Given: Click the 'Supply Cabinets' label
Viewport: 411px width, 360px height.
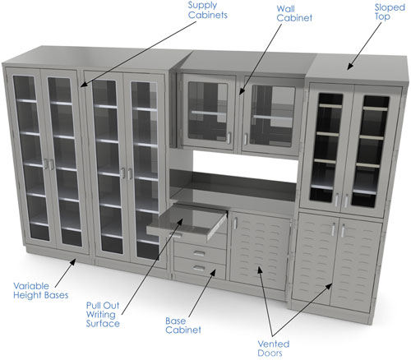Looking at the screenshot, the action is point(208,10).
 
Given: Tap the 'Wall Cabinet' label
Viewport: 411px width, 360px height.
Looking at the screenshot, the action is point(294,13).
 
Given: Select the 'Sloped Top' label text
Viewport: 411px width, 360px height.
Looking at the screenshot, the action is point(390,12).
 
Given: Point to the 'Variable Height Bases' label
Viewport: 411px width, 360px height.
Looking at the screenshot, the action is point(41,290).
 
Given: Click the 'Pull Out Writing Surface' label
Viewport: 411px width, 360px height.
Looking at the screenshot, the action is point(103,314).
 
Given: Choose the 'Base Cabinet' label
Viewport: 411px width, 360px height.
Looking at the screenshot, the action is point(183,325).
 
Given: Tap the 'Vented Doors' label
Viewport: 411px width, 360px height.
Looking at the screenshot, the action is point(274,348).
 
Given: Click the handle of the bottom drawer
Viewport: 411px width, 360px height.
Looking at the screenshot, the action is point(199,268).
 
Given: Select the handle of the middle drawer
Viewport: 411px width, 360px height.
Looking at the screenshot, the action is point(199,253).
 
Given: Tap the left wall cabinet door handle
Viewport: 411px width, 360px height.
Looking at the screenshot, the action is point(229,138).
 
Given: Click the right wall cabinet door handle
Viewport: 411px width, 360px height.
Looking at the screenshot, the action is point(246,139).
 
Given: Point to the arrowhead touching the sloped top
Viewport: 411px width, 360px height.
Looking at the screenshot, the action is point(350,66).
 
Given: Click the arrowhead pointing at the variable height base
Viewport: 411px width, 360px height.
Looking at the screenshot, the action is point(73,262).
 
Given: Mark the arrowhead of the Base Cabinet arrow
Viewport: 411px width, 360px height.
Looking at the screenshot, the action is point(213,273).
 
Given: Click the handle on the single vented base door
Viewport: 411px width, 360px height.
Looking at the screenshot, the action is point(235,223).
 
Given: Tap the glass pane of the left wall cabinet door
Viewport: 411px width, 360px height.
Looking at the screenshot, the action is point(208,111).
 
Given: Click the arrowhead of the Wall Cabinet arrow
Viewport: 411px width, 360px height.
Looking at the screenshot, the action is point(242,91).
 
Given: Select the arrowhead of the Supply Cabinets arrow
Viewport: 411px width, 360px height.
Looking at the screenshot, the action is point(85,84).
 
